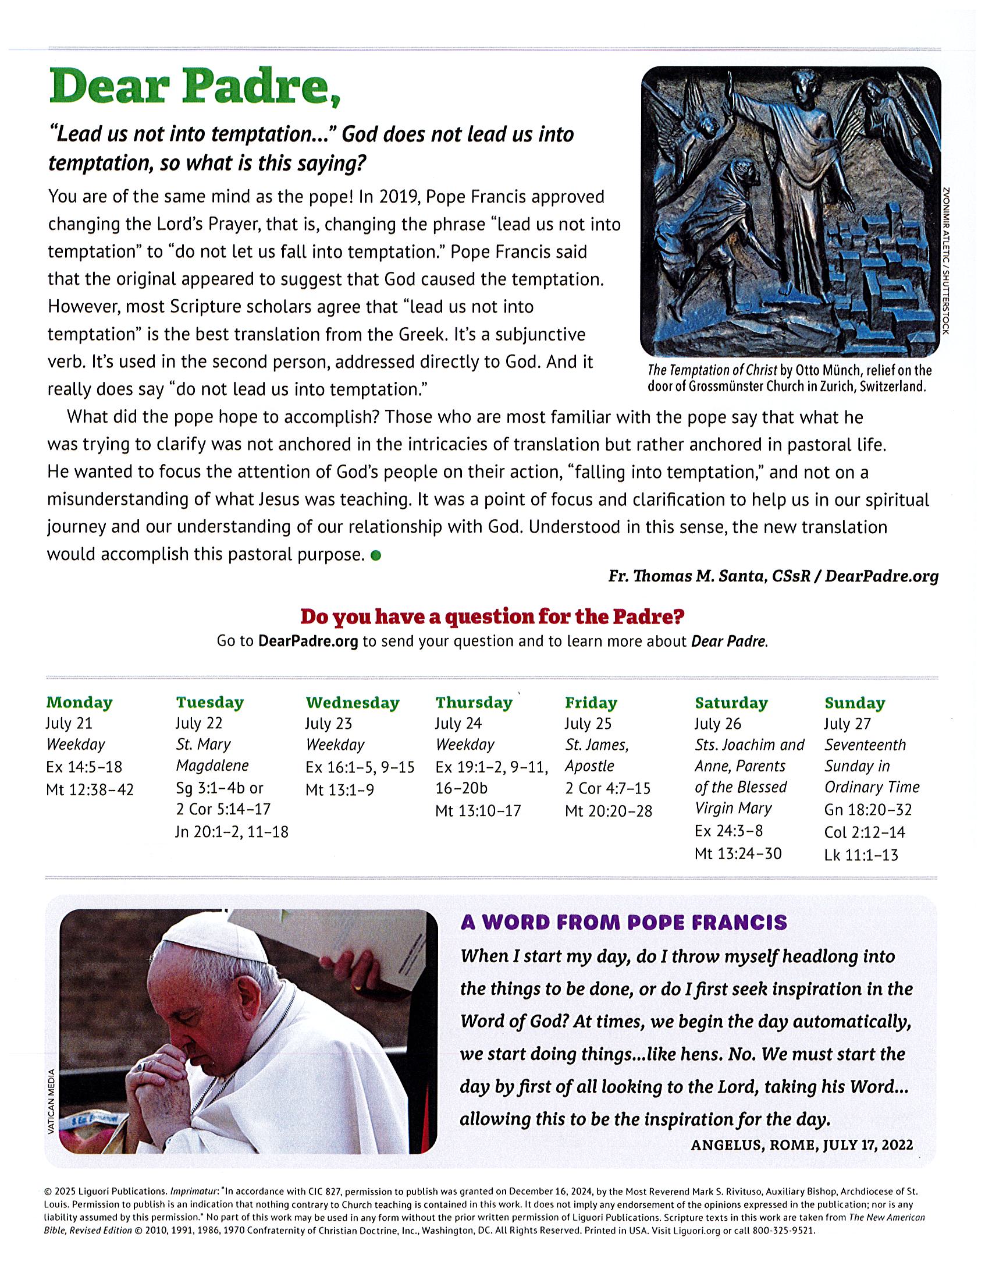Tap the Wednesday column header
352,703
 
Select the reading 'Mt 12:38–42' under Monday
90,790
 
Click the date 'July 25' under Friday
588,724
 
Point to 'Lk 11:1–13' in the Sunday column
861,855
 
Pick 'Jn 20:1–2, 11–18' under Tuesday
232,832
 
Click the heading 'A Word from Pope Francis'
624,923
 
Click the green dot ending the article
376,555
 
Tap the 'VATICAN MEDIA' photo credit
51,1101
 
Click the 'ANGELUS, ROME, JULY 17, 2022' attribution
802,1145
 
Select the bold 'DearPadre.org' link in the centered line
308,641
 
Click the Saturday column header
731,703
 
